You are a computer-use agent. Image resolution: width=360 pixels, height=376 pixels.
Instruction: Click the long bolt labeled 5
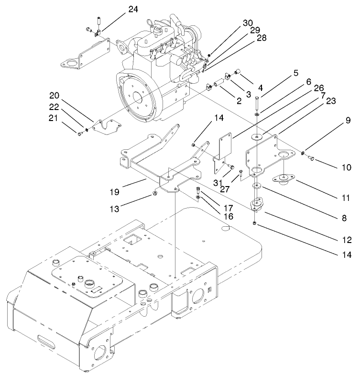(257, 103)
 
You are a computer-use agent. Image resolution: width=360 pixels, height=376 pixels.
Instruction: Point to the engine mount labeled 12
(257, 205)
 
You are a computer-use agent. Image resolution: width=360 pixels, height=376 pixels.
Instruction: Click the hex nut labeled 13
(155, 193)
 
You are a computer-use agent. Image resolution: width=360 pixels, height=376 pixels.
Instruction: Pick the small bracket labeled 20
(106, 126)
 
